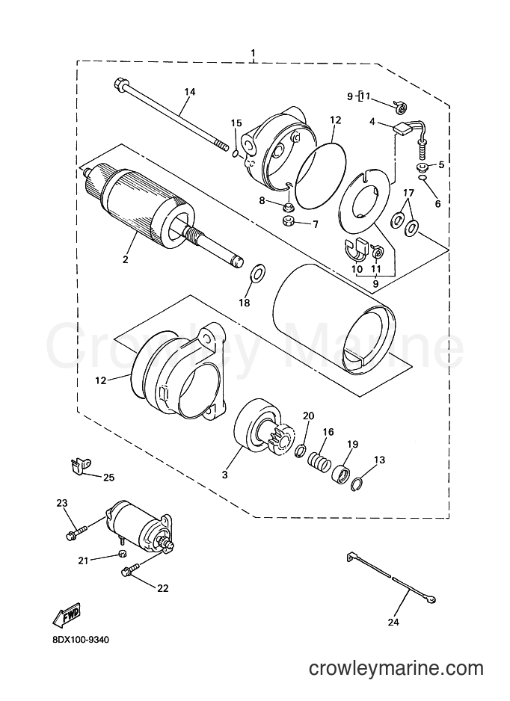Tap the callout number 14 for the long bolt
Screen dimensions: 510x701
click(190, 92)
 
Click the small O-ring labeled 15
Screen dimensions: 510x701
click(236, 154)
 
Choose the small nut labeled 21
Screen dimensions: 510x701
click(121, 554)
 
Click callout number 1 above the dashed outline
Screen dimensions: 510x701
click(254, 54)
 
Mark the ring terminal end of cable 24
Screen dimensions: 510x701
click(431, 599)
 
